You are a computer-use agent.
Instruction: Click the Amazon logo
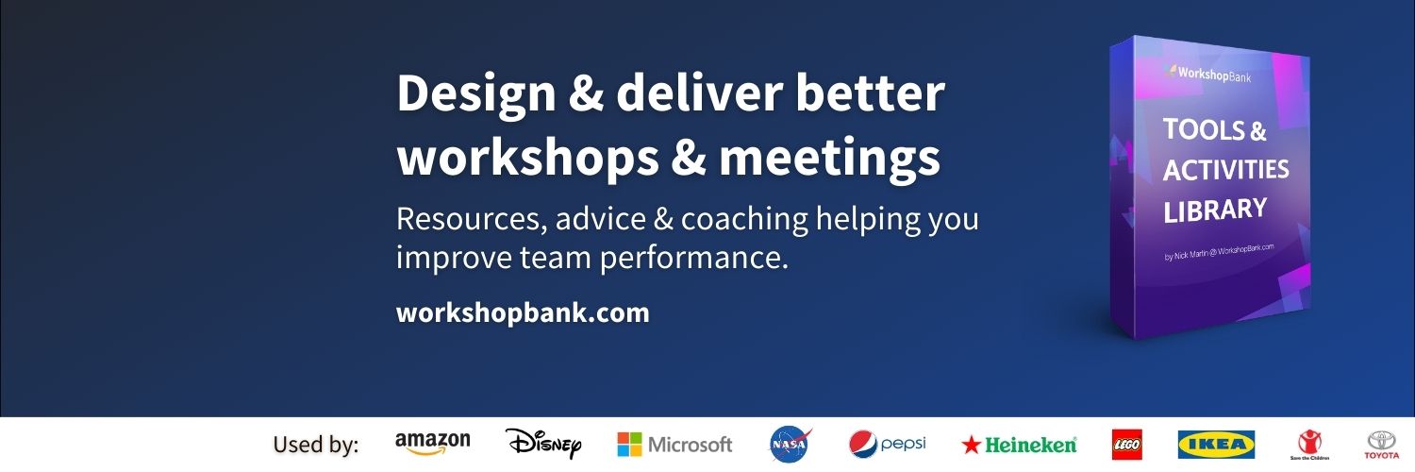432,443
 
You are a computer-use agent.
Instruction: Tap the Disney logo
543,443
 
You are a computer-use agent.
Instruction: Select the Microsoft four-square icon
629,444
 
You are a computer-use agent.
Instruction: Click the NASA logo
790,443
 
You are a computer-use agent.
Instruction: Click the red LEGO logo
1126,444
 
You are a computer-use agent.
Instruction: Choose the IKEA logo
1216,444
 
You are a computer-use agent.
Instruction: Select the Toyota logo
1382,443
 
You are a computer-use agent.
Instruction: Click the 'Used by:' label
316,445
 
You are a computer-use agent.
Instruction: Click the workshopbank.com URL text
523,312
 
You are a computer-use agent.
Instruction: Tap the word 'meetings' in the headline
829,157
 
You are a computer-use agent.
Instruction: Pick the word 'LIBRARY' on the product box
1214,210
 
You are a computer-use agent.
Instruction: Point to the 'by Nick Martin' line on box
1218,252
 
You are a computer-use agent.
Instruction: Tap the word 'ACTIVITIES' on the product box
1225,170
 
